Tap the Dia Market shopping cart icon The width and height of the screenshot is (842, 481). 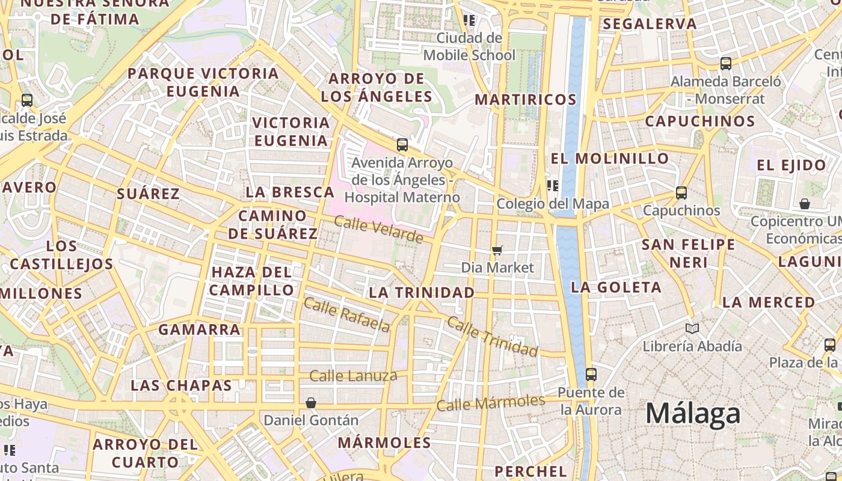click(497, 250)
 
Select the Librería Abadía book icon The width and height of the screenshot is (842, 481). click(692, 329)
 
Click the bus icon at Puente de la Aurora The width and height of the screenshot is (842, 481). click(591, 375)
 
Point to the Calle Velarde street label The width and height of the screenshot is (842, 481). click(378, 230)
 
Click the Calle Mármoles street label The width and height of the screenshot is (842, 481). click(491, 403)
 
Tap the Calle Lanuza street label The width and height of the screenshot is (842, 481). click(353, 376)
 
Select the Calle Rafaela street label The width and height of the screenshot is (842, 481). click(347, 315)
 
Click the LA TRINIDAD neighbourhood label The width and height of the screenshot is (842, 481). click(422, 293)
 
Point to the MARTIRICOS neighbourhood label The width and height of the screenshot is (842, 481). click(526, 100)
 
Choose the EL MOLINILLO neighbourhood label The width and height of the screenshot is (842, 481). click(610, 159)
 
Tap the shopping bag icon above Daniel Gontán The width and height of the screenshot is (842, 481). click(311, 403)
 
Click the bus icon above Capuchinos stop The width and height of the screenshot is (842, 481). click(681, 193)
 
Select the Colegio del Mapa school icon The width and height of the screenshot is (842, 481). click(552, 186)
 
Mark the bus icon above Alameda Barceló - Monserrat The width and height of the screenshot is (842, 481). click(726, 64)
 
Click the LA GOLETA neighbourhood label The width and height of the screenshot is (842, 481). click(616, 287)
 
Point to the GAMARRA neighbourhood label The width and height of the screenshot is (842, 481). click(199, 329)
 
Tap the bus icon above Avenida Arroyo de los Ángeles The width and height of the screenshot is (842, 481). click(402, 145)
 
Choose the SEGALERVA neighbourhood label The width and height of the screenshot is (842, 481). click(650, 24)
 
